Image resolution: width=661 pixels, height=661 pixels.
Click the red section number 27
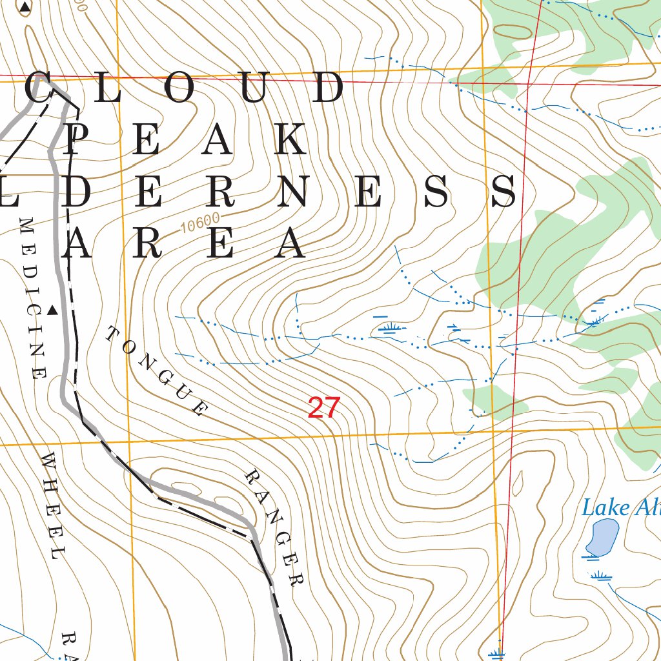click(323, 408)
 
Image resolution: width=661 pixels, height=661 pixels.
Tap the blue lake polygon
click(602, 538)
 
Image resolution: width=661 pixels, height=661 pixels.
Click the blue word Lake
click(605, 507)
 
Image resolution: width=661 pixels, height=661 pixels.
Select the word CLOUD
click(185, 88)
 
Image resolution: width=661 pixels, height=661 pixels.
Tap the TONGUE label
click(157, 371)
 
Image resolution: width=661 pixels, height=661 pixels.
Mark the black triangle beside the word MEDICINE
click(53, 311)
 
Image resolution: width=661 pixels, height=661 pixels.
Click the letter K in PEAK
click(289, 140)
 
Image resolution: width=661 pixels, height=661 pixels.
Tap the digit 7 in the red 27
click(332, 408)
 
